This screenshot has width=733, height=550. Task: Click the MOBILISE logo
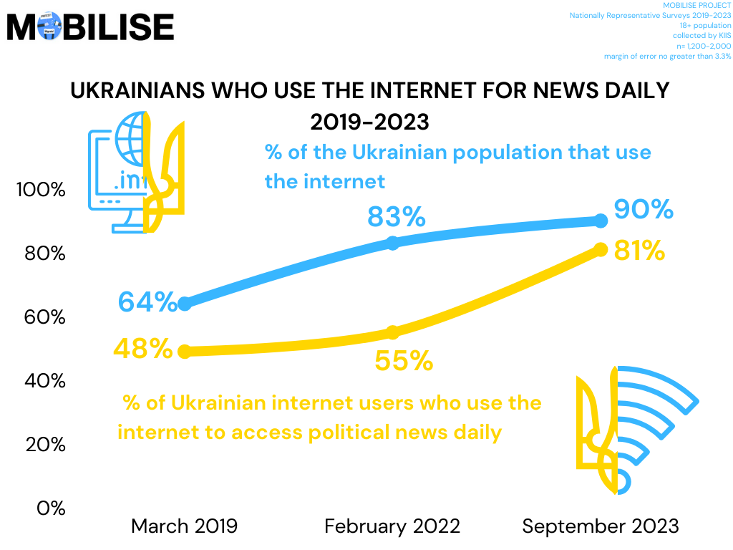pyautogui.click(x=90, y=26)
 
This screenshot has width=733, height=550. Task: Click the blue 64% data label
pyautogui.click(x=147, y=301)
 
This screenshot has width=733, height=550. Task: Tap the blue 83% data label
pyautogui.click(x=397, y=216)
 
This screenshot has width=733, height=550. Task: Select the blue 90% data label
pyautogui.click(x=644, y=209)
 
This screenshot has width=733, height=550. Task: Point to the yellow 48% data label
pyautogui.click(x=143, y=349)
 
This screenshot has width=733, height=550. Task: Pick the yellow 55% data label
pyautogui.click(x=404, y=360)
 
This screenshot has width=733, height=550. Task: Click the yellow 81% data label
pyautogui.click(x=640, y=251)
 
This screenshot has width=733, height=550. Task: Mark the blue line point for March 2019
pyautogui.click(x=184, y=304)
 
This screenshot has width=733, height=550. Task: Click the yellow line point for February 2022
pyautogui.click(x=392, y=332)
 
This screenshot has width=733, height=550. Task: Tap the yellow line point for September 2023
pyautogui.click(x=601, y=249)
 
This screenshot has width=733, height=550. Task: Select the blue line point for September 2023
pyautogui.click(x=601, y=221)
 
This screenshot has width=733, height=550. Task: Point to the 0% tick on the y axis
pyautogui.click(x=50, y=508)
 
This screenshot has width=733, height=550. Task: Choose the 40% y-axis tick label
pyautogui.click(x=44, y=381)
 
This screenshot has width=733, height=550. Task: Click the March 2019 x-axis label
pyautogui.click(x=184, y=526)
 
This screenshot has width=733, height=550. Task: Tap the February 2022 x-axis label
pyautogui.click(x=392, y=526)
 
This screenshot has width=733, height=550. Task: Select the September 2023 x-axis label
pyautogui.click(x=600, y=526)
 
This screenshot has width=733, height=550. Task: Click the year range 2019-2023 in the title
pyautogui.click(x=369, y=122)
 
